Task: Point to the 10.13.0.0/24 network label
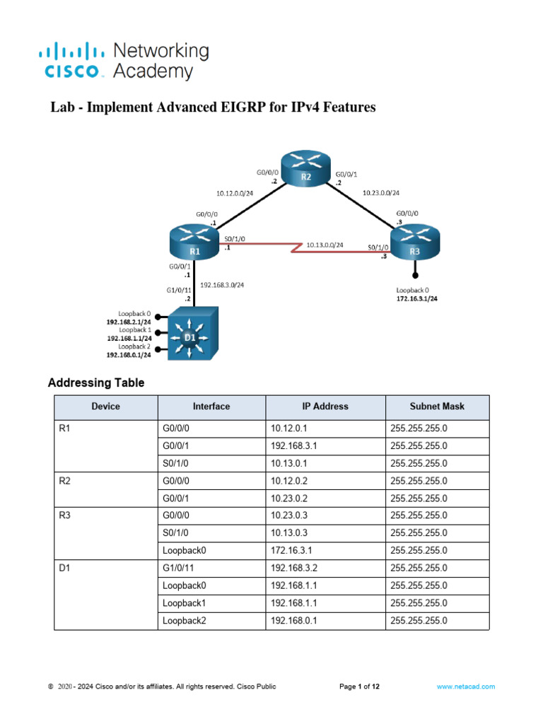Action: pos(325,245)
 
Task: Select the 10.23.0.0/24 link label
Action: pos(380,192)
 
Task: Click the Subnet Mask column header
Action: pos(437,407)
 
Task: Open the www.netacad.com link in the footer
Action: pos(465,687)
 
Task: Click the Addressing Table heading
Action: pos(96,383)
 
